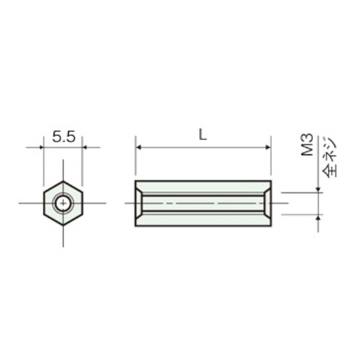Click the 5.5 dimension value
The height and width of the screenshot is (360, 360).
[63, 137]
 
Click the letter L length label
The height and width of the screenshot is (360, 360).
[202, 135]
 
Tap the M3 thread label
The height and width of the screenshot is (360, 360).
[307, 145]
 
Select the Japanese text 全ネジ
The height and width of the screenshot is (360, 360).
[329, 157]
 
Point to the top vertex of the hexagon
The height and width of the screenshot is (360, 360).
[63, 181]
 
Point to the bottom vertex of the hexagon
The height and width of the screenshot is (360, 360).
[63, 225]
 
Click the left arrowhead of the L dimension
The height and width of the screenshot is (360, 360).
[139, 147]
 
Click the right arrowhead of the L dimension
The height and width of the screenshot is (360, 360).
[268, 147]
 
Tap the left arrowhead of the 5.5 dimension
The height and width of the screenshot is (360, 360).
[41, 147]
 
